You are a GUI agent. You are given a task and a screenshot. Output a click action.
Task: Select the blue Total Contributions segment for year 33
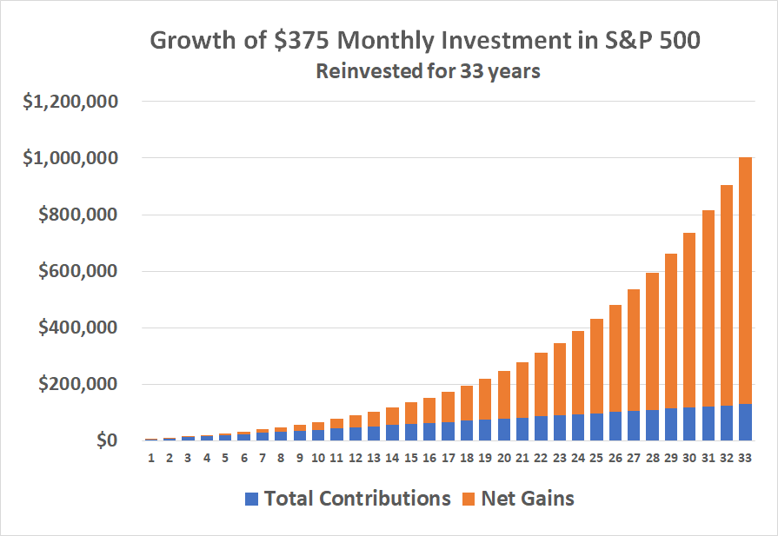[x=744, y=422]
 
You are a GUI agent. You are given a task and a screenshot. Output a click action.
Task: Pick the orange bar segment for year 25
[x=595, y=366]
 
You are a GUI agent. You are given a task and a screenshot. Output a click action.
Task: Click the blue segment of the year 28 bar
[x=651, y=425]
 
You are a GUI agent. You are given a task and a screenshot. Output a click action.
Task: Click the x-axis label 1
[x=151, y=458]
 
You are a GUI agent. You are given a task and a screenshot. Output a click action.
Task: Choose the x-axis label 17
[x=448, y=458]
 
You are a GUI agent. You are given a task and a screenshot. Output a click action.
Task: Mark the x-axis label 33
[x=744, y=458]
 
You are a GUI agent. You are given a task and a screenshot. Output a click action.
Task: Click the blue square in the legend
[x=252, y=499]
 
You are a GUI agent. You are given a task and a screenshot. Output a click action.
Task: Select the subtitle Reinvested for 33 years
[x=428, y=71]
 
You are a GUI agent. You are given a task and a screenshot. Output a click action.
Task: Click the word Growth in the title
[x=190, y=41]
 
